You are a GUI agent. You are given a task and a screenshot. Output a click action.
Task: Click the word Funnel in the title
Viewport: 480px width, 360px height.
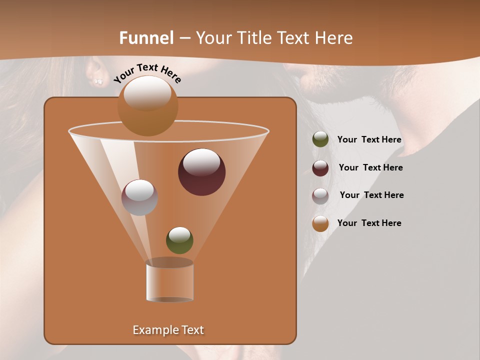click(x=146, y=38)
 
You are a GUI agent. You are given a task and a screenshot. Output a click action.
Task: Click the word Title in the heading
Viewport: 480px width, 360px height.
click(x=252, y=38)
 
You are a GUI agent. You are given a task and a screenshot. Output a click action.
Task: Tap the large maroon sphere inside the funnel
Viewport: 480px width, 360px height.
click(x=202, y=172)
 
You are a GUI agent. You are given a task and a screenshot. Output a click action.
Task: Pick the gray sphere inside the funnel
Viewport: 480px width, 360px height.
click(x=139, y=197)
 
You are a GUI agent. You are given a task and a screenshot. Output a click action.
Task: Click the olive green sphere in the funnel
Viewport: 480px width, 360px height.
click(x=179, y=240)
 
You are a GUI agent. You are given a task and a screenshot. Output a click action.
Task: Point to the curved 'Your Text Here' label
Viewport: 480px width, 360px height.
click(x=147, y=73)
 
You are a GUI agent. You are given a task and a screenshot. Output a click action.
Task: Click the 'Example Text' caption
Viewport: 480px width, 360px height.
click(x=168, y=330)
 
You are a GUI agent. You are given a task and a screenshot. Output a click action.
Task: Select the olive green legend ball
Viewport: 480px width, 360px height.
click(x=320, y=139)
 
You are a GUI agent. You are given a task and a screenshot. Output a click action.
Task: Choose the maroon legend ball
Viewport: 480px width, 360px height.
click(x=320, y=168)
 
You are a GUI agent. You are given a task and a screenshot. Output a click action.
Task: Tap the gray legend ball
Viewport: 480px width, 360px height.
click(x=320, y=196)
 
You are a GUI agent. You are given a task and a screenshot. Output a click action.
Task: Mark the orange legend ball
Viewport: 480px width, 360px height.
click(x=320, y=223)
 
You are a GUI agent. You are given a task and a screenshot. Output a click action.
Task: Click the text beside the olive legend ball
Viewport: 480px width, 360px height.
click(x=369, y=140)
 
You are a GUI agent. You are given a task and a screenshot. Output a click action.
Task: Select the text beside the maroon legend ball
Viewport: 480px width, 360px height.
click(x=370, y=167)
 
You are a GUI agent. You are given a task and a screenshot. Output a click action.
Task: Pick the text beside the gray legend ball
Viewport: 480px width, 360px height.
click(x=371, y=195)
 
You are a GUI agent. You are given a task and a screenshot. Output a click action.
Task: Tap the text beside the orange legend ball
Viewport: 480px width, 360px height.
click(x=369, y=223)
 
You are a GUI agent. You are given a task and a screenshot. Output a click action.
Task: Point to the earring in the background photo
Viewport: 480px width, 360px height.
click(x=98, y=81)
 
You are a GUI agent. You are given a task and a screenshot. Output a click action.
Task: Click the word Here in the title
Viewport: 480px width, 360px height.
click(x=335, y=38)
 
